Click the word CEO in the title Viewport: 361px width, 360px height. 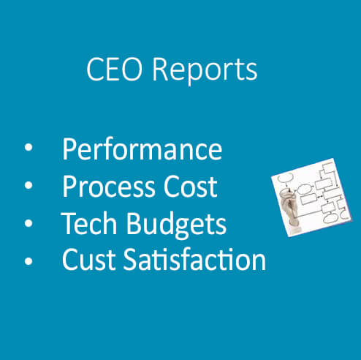pyautogui.click(x=114, y=69)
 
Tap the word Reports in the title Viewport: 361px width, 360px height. pyautogui.click(x=205, y=72)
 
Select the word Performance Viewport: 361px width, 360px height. pyautogui.click(x=142, y=149)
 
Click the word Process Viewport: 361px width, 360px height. pyautogui.click(x=109, y=186)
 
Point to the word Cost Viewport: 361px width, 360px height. pyautogui.click(x=191, y=186)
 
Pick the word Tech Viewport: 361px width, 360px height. pyautogui.click(x=89, y=223)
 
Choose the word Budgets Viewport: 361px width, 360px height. pyautogui.click(x=176, y=225)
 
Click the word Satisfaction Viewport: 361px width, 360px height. pyautogui.click(x=194, y=259)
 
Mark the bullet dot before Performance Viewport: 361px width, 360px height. pyautogui.click(x=28, y=148)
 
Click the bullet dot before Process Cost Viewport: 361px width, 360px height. pyautogui.click(x=28, y=185)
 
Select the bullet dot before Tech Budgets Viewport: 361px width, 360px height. pyautogui.click(x=28, y=223)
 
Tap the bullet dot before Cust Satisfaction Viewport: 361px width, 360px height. pyautogui.click(x=28, y=260)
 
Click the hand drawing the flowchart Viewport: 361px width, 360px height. pyautogui.click(x=289, y=208)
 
